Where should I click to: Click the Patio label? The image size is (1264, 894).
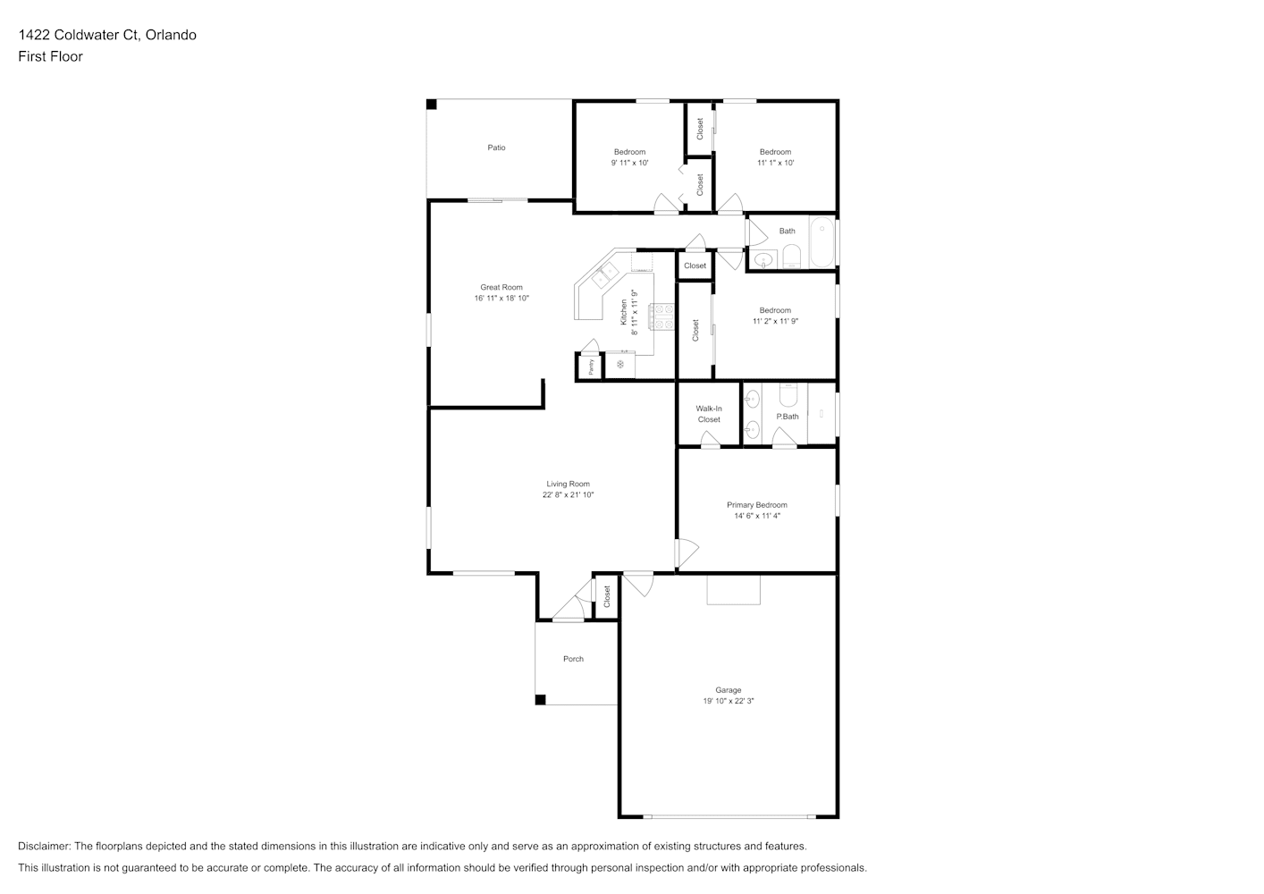[x=497, y=148]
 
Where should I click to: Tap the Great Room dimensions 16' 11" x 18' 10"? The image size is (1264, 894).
[x=501, y=298]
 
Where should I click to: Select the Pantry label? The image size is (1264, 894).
[x=591, y=367]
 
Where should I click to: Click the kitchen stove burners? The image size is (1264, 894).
[x=661, y=316]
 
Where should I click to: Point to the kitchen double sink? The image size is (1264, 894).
[x=605, y=275]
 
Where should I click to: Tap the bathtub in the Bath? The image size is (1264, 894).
[x=822, y=241]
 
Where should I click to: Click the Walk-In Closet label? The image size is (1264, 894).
[x=709, y=414]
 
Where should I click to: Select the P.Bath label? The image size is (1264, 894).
[x=788, y=417]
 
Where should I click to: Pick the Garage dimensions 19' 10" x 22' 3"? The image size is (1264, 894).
[x=728, y=701]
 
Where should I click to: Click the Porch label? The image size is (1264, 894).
[x=573, y=659]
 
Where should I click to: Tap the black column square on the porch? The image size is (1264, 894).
[x=540, y=700]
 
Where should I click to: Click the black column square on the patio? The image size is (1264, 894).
[x=431, y=105]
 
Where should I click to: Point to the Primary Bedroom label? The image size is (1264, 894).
[x=757, y=504]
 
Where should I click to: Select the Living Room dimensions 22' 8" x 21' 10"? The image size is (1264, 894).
[x=569, y=494]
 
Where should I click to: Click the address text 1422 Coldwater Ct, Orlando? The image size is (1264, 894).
[x=107, y=35]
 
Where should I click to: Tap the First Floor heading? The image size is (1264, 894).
[x=50, y=56]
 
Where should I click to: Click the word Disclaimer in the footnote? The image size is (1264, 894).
[x=45, y=846]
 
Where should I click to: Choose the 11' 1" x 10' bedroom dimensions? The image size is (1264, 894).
[x=775, y=163]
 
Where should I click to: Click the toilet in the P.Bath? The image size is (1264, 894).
[x=788, y=394]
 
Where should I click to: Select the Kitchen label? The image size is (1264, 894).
[x=624, y=312]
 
